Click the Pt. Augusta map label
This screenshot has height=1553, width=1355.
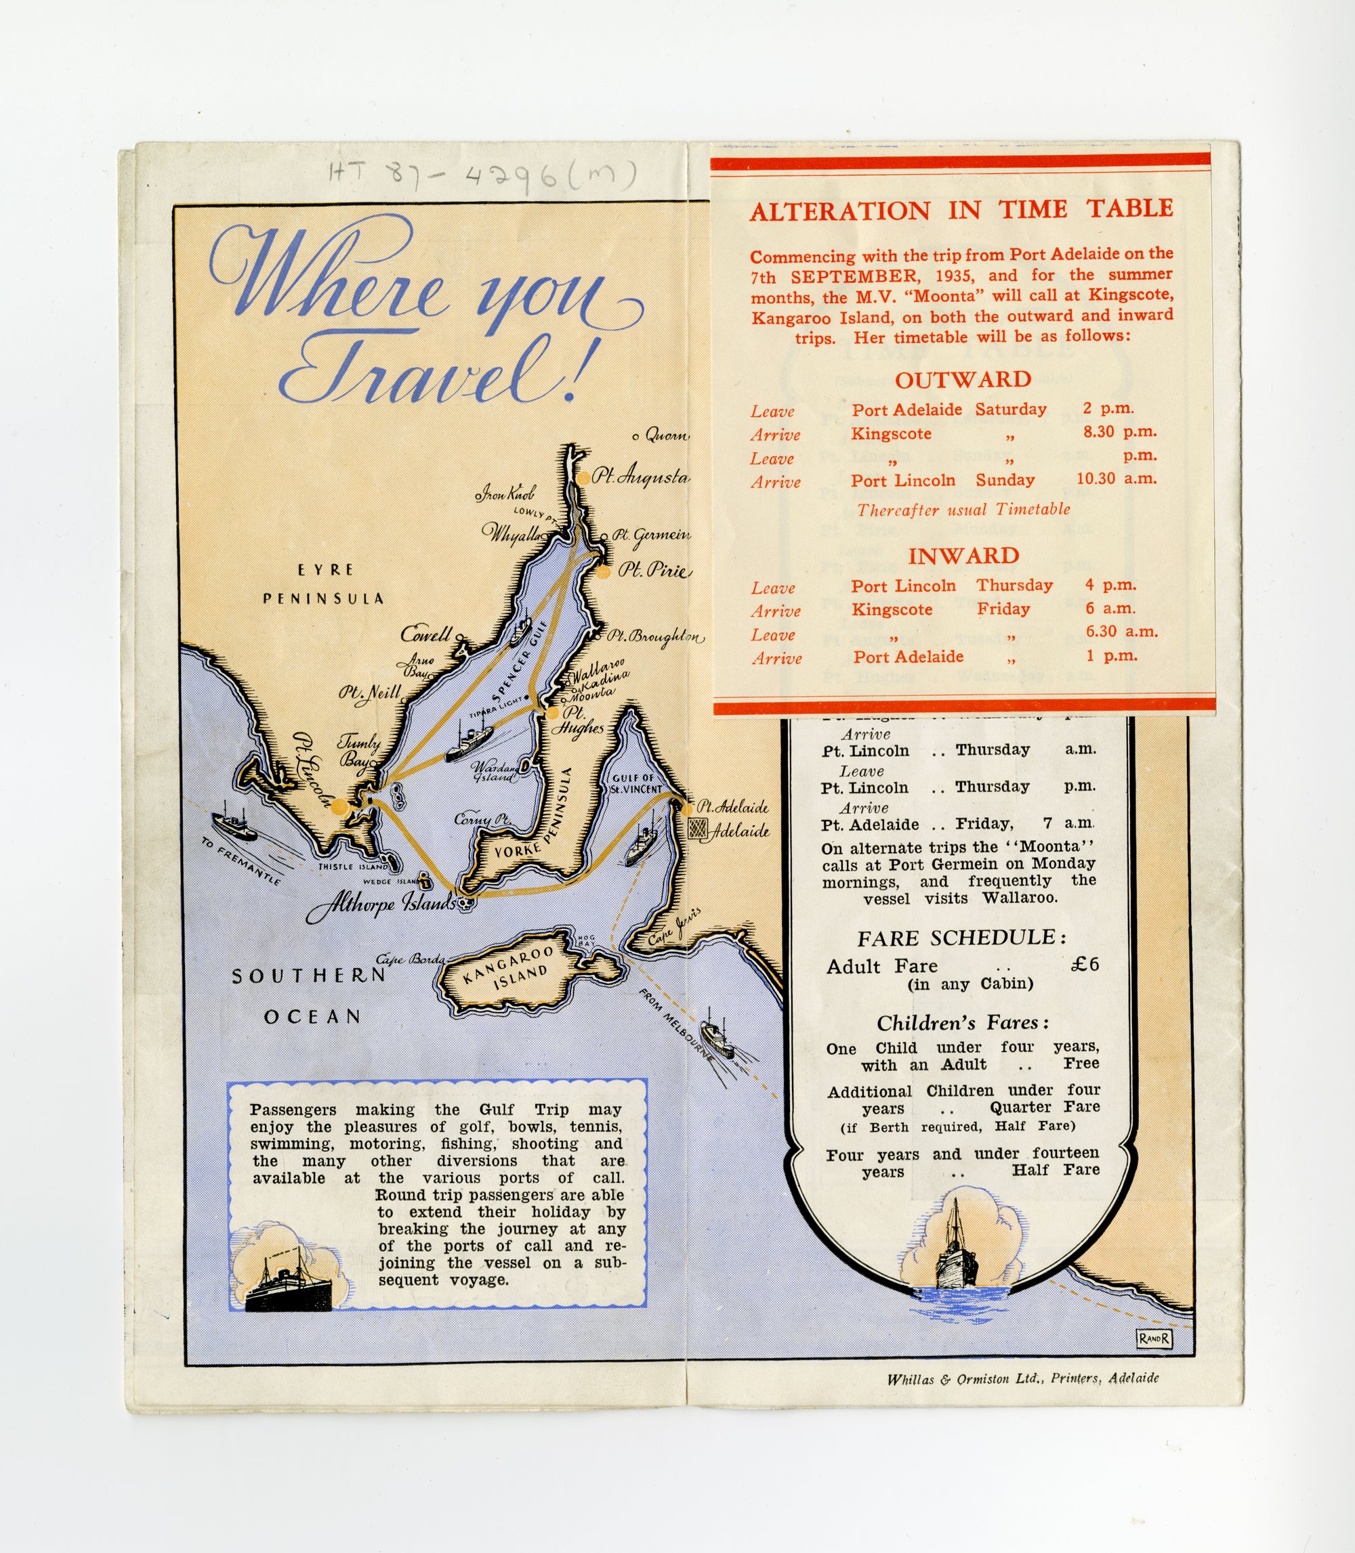point(640,477)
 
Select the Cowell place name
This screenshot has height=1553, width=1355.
point(426,634)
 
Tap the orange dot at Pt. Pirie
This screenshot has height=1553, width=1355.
point(603,572)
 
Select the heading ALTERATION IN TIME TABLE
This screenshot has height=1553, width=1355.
point(961,210)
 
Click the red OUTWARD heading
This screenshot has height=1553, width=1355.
point(963,379)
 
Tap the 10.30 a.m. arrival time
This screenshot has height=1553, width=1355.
point(1116,479)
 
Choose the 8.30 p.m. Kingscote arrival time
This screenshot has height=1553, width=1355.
point(1119,431)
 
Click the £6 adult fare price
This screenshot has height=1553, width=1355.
point(1085,963)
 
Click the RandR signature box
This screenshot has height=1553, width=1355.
point(1154,1338)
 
